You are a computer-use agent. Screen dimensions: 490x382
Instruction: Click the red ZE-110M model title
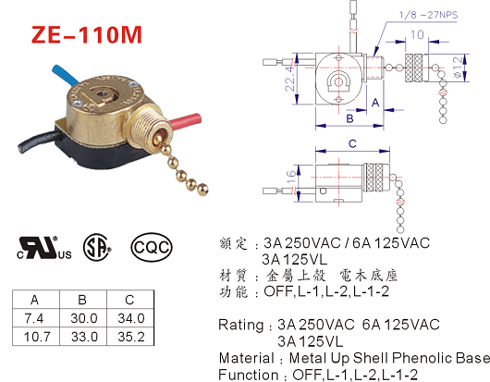(x=87, y=34)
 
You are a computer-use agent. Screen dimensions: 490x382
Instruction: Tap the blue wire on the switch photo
(x=66, y=74)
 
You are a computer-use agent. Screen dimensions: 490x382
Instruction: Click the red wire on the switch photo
(x=184, y=120)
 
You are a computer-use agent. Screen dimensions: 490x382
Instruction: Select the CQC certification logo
(x=152, y=247)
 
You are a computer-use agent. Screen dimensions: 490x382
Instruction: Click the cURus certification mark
(x=44, y=248)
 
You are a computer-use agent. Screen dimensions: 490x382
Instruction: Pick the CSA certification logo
(x=97, y=247)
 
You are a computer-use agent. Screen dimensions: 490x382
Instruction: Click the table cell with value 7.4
(x=34, y=318)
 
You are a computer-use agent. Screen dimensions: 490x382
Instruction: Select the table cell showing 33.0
(x=84, y=337)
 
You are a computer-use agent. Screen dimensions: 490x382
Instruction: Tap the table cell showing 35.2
(x=131, y=337)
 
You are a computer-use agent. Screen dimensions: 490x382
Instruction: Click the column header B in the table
(x=82, y=300)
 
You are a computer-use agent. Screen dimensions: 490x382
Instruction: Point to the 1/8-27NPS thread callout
(x=428, y=15)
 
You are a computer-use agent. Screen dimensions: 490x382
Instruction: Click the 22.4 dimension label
(x=289, y=78)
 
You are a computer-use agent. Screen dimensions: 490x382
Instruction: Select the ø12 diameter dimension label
(x=458, y=67)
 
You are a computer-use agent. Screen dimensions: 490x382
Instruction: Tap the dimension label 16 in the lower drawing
(x=290, y=177)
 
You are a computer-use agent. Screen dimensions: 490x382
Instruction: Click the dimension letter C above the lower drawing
(x=352, y=143)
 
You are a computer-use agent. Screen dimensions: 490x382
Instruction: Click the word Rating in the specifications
(x=241, y=325)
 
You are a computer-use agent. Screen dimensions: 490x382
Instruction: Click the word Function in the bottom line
(x=249, y=375)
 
